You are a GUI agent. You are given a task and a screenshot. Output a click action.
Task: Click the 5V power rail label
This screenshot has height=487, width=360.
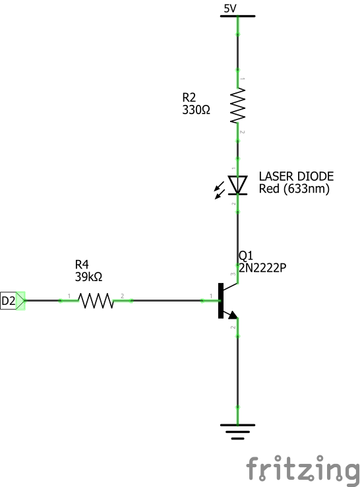click(x=230, y=9)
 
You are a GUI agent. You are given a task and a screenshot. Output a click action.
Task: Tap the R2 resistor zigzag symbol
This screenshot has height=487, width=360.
click(x=238, y=106)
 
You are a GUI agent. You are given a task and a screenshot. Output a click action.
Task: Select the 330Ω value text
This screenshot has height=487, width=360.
click(x=196, y=110)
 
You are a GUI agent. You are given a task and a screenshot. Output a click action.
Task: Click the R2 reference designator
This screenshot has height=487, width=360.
click(x=189, y=98)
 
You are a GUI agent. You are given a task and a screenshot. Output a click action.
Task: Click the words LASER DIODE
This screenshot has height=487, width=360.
click(x=297, y=176)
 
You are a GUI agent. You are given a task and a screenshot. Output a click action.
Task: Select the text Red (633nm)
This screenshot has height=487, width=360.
click(x=294, y=189)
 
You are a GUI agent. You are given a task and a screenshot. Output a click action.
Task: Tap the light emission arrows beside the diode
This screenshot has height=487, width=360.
click(x=220, y=190)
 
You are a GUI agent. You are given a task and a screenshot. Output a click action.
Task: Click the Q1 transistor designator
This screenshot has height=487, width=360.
click(x=246, y=255)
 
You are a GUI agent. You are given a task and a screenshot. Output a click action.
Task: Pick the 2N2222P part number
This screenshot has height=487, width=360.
click(x=262, y=268)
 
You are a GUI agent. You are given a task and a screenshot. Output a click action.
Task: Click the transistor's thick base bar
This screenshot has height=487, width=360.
click(x=221, y=301)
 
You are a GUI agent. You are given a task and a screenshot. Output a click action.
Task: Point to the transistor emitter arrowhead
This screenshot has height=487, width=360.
click(x=233, y=315)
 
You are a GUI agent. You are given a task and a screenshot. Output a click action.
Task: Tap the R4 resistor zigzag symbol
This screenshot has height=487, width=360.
click(x=96, y=301)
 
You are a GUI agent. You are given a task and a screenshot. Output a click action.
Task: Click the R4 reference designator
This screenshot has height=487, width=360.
click(x=82, y=265)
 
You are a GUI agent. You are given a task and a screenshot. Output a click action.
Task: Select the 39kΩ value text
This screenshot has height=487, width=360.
click(x=89, y=276)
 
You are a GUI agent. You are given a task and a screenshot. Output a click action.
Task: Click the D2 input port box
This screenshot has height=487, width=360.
click(x=13, y=301)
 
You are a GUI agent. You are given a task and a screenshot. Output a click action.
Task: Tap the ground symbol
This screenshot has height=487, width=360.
click(x=238, y=432)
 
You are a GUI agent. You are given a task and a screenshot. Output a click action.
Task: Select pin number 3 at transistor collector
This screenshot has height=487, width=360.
click(x=233, y=274)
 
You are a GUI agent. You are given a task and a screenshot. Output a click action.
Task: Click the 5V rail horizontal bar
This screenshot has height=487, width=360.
click(x=238, y=16)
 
